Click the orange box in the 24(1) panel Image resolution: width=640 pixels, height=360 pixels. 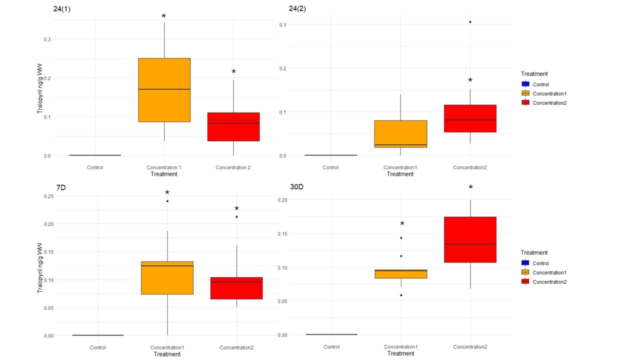click(x=164, y=90)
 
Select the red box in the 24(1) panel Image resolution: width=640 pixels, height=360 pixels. click(x=233, y=126)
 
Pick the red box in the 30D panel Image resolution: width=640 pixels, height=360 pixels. click(x=470, y=239)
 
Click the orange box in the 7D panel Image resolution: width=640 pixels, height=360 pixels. click(x=167, y=277)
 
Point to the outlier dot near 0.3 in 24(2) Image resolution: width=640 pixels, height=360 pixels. click(x=470, y=22)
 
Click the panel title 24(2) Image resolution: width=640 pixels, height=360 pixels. click(x=298, y=8)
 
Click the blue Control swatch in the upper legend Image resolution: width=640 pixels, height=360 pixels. click(x=525, y=84)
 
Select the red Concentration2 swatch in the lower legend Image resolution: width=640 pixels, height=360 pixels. click(x=525, y=282)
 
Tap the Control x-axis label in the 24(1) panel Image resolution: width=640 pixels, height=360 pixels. click(x=95, y=167)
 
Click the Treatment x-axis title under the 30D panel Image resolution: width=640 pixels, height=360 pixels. click(x=400, y=353)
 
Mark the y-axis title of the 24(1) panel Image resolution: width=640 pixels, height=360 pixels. click(x=40, y=88)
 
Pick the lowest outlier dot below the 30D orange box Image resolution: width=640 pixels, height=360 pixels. click(x=401, y=295)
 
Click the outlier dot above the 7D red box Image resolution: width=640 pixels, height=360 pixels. click(x=237, y=217)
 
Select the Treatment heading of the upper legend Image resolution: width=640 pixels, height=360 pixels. click(x=533, y=74)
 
